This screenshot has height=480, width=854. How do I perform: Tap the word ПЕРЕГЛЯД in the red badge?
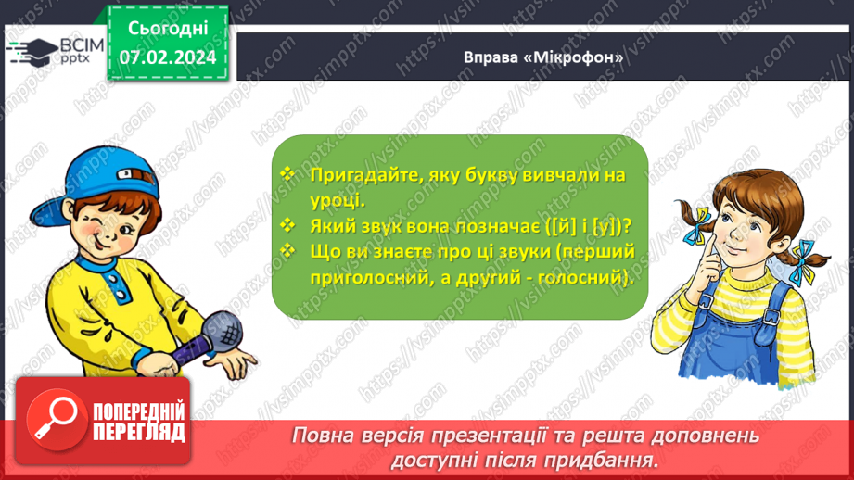pos(137,433)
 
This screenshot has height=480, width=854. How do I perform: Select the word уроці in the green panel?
pos(336,199)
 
